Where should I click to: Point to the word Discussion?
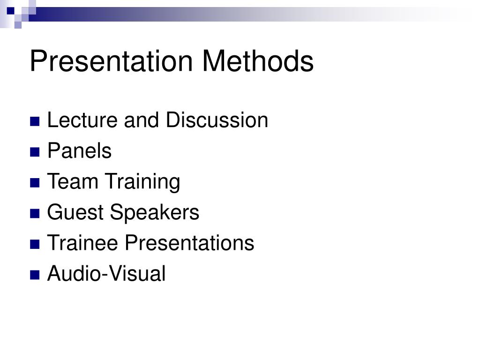[217, 120]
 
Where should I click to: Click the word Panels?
[79, 151]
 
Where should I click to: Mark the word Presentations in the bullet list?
[189, 243]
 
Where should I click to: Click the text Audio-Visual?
[106, 274]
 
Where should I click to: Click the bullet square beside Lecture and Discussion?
[34, 121]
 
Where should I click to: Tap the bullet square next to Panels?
[34, 152]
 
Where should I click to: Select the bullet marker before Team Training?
[34, 183]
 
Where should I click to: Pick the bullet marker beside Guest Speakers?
[34, 213]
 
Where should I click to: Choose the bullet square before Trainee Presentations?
[34, 244]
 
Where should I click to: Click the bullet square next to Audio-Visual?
[34, 275]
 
